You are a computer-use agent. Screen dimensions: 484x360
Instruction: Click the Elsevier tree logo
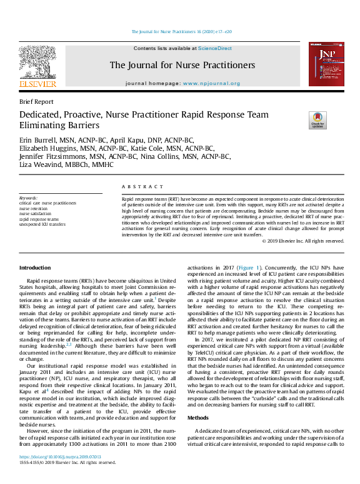point(37,61)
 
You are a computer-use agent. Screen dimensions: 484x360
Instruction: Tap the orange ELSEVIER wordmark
point(37,84)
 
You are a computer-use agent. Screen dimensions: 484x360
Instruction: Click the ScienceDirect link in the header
point(215,48)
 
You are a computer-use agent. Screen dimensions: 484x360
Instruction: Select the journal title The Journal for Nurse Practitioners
point(182,65)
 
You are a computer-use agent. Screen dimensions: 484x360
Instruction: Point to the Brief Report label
point(36,101)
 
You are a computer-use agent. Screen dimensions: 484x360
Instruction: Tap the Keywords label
point(29,198)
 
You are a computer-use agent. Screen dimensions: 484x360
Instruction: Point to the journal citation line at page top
point(182,31)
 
